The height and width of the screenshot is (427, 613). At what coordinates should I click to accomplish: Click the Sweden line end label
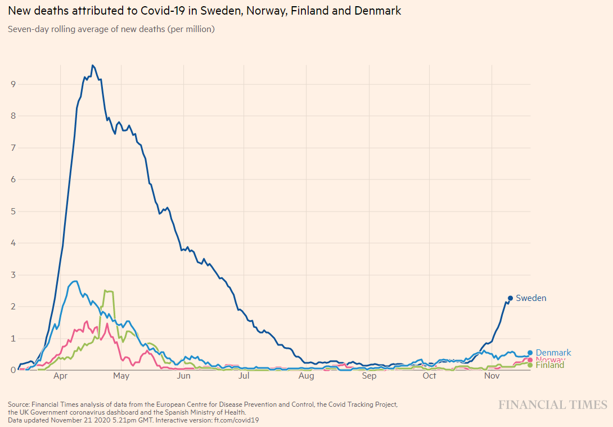click(x=531, y=298)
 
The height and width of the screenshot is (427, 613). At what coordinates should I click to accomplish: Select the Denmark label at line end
click(x=553, y=353)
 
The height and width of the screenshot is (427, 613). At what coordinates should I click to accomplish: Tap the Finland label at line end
click(x=549, y=365)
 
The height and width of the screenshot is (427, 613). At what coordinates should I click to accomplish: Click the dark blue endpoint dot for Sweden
click(x=510, y=298)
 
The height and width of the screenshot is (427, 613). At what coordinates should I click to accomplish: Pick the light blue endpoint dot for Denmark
click(x=530, y=353)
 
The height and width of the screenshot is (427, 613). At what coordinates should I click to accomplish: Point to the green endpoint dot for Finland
click(x=530, y=365)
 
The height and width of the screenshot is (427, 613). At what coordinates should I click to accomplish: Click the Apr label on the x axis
click(x=61, y=376)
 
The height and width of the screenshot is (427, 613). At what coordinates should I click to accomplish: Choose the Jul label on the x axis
click(x=244, y=376)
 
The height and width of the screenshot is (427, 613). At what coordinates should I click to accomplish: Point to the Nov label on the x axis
click(x=492, y=376)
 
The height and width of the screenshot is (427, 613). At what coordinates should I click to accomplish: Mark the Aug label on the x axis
click(x=306, y=376)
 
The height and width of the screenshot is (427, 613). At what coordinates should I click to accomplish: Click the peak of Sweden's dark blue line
click(x=93, y=65)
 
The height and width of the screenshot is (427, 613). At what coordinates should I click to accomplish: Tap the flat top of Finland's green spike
click(x=109, y=291)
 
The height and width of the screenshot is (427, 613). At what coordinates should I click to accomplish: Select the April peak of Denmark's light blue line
click(x=75, y=281)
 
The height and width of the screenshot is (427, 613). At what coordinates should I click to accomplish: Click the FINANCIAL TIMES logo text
click(x=552, y=405)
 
